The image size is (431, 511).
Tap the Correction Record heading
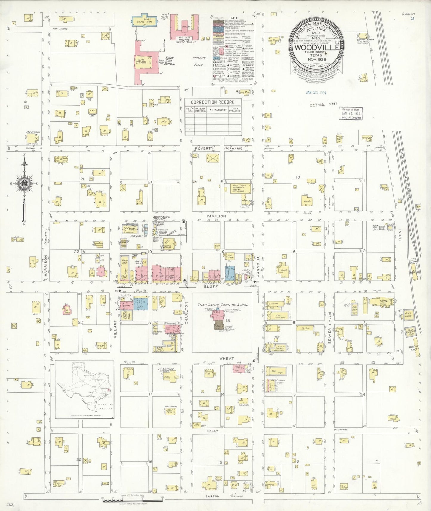click(x=213, y=102)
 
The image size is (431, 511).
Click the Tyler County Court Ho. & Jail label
click(x=223, y=305)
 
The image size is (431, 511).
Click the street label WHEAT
click(x=227, y=358)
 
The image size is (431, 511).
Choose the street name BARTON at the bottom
click(x=212, y=496)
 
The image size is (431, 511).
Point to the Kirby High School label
click(x=169, y=61)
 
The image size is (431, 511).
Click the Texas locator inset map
click(x=84, y=389)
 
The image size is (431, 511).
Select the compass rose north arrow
click(x=24, y=185)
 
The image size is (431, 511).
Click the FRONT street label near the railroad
click(x=400, y=235)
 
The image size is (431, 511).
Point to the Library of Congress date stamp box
click(x=351, y=114)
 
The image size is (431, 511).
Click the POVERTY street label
click(x=204, y=148)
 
